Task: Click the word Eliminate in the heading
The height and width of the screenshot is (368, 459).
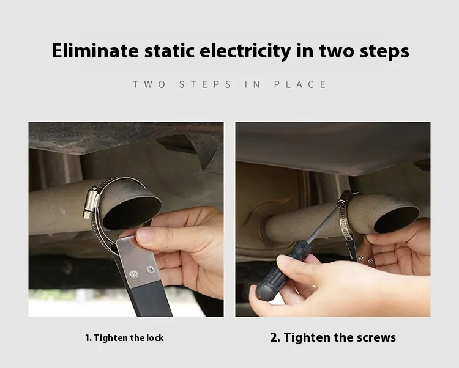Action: pyautogui.click(x=95, y=51)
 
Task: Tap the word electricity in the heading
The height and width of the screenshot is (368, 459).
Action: pyautogui.click(x=245, y=51)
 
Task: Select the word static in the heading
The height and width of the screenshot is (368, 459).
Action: pyautogui.click(x=170, y=51)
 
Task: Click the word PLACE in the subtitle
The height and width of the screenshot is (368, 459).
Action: pyautogui.click(x=300, y=84)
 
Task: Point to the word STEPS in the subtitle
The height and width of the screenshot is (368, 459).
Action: pyautogui.click(x=205, y=84)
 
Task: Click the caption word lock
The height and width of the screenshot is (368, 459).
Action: pyautogui.click(x=155, y=338)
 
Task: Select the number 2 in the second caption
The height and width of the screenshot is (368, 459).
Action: pyautogui.click(x=274, y=337)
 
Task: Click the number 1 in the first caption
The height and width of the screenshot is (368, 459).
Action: pyautogui.click(x=88, y=338)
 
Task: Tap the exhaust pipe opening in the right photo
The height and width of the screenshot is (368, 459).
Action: pyautogui.click(x=397, y=219)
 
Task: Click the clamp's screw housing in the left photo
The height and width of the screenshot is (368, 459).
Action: pyautogui.click(x=91, y=202)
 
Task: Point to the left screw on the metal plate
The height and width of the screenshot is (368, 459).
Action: pyautogui.click(x=134, y=274)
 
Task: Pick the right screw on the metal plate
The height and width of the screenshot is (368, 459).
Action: pyautogui.click(x=151, y=270)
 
